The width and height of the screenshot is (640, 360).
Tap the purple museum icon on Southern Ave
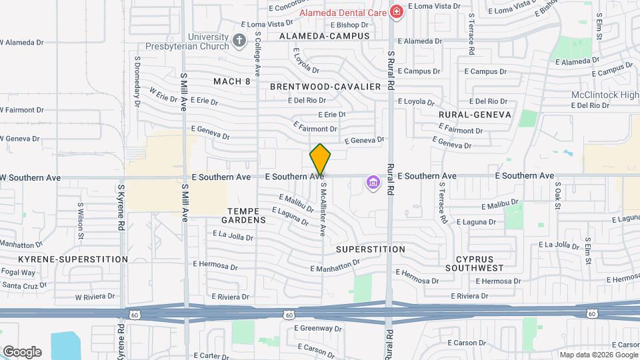coord(372,182)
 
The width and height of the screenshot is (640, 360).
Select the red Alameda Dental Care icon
coord(397,12)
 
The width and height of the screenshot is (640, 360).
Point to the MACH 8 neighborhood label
coord(231,81)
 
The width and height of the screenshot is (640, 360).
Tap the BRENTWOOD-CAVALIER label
coord(325,87)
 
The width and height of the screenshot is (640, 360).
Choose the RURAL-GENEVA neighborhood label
coord(475,115)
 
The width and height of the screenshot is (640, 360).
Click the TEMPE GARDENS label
coord(243,215)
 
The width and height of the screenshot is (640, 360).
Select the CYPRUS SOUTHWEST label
coord(479,263)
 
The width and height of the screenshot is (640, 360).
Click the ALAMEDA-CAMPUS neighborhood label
coord(324,35)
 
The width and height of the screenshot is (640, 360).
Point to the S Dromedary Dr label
coord(137,81)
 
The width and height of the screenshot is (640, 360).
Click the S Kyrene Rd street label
coord(121,208)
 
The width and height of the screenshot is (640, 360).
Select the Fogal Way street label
coord(18,273)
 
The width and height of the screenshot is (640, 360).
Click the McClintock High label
coord(605,95)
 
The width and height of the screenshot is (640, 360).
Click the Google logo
coord(22,352)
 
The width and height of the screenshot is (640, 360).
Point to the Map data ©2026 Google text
coord(599,355)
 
